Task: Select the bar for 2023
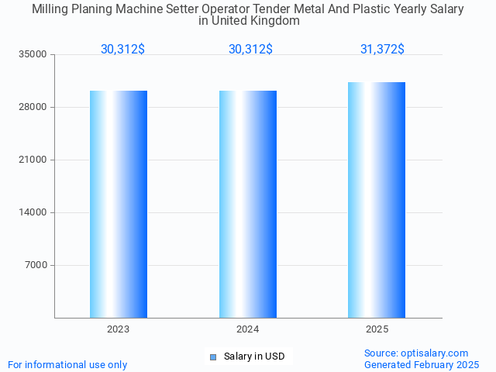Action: click(119, 204)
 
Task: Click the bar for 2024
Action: click(248, 204)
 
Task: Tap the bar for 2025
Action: click(377, 200)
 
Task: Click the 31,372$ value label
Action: click(382, 50)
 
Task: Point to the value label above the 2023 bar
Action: click(122, 50)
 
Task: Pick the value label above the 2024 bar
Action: click(250, 50)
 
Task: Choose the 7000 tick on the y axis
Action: click(36, 265)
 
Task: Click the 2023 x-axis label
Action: click(119, 329)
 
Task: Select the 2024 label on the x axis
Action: click(248, 329)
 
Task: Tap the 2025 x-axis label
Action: click(377, 329)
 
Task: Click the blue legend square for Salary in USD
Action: click(212, 356)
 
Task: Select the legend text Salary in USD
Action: click(254, 356)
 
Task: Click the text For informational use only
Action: click(67, 364)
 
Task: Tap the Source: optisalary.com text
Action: click(416, 353)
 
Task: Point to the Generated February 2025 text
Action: click(422, 364)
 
